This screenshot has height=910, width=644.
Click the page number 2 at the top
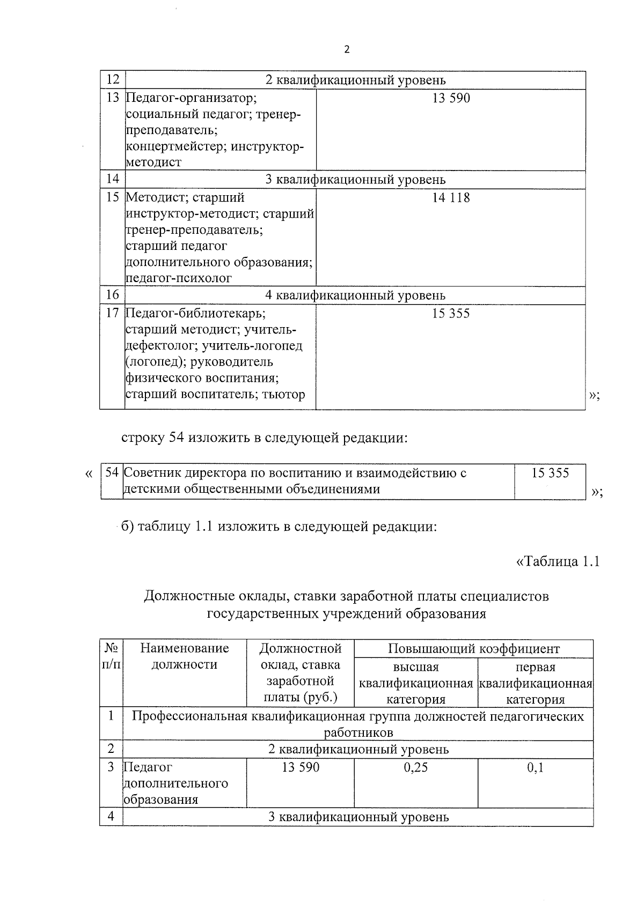pyautogui.click(x=346, y=49)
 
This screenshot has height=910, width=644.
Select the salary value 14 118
pyautogui.click(x=451, y=198)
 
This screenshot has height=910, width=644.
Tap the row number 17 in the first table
pyautogui.click(x=112, y=313)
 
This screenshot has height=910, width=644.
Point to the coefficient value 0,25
pyautogui.click(x=416, y=767)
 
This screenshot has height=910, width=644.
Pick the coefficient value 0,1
pyautogui.click(x=535, y=767)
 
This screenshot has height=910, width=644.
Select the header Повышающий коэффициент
pyautogui.click(x=473, y=649)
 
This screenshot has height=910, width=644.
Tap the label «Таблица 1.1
pyautogui.click(x=557, y=561)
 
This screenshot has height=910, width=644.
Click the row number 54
pyautogui.click(x=112, y=472)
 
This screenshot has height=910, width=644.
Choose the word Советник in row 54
pyautogui.click(x=152, y=473)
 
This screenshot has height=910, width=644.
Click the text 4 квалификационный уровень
pyautogui.click(x=355, y=295)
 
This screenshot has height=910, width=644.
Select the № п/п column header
pyautogui.click(x=111, y=656)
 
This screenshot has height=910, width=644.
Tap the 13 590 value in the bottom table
pyautogui.click(x=300, y=767)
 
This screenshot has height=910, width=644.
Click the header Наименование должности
pyautogui.click(x=184, y=656)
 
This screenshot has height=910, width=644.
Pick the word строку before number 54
pyautogui.click(x=143, y=438)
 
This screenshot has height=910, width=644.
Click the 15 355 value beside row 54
pyautogui.click(x=550, y=473)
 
